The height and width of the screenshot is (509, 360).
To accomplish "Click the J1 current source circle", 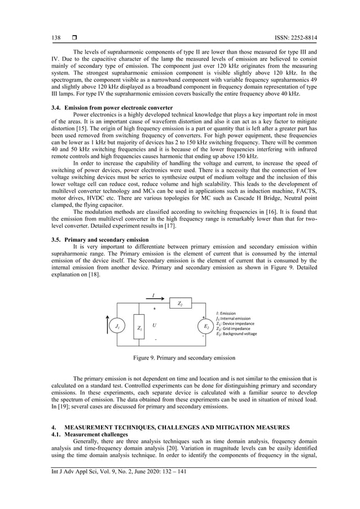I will (117, 327).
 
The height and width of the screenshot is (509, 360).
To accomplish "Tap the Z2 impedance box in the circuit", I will (180, 304).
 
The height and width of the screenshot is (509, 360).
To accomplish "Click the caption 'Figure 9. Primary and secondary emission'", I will (180, 358).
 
